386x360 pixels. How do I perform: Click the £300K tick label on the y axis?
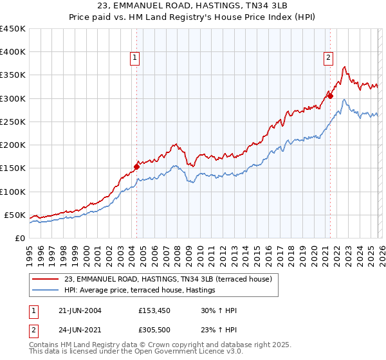click(x=13, y=98)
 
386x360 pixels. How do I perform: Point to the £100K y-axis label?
click(x=13, y=192)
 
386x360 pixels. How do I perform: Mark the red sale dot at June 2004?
click(x=136, y=166)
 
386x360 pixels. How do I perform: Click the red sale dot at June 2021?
click(x=329, y=96)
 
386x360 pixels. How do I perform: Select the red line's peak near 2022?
click(x=345, y=66)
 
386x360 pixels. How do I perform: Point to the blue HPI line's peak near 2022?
click(x=344, y=100)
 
